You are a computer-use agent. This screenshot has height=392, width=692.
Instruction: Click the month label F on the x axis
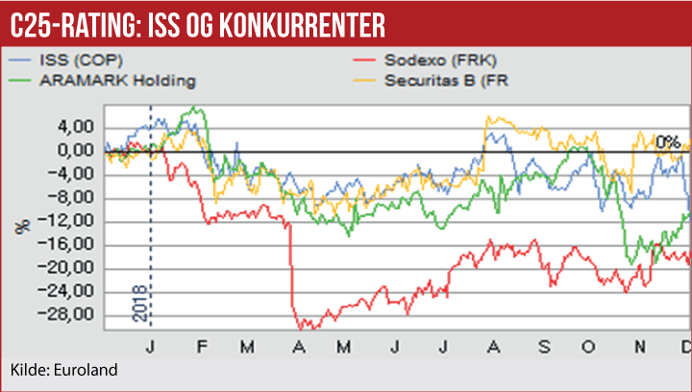pos(200,347)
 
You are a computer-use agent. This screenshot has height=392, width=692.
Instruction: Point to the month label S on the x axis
pos(544,347)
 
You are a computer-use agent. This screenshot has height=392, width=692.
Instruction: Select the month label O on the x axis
pos(593,347)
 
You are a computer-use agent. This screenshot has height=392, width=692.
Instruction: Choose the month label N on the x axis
pos(642,347)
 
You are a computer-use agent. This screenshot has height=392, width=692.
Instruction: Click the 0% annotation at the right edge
pos(667,142)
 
